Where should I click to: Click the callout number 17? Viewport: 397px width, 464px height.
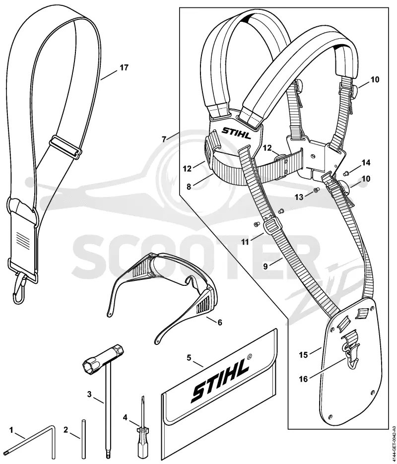pyautogui.click(x=124, y=68)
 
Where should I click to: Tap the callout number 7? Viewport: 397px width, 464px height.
pyautogui.click(x=164, y=138)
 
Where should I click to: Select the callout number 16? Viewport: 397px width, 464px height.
pyautogui.click(x=304, y=379)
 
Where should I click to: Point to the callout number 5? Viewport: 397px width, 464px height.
pyautogui.click(x=189, y=357)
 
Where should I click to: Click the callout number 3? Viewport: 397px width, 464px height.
pyautogui.click(x=89, y=394)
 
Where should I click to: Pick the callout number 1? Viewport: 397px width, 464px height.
pyautogui.click(x=11, y=430)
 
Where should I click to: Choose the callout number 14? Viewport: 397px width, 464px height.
pyautogui.click(x=366, y=163)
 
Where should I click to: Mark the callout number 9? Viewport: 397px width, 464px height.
pyautogui.click(x=265, y=266)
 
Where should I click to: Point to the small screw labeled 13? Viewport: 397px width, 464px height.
pyautogui.click(x=316, y=190)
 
